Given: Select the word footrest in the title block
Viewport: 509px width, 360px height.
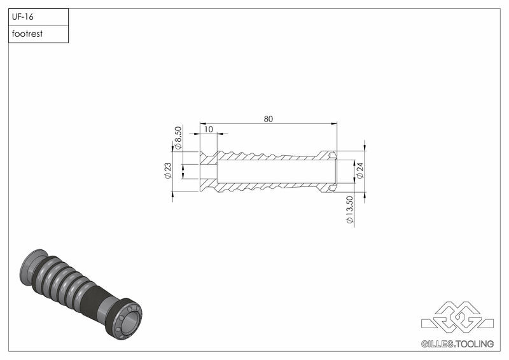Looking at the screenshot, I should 27,34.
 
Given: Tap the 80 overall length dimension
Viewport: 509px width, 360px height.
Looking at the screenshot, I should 268,118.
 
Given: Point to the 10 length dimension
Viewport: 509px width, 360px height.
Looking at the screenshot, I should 208,129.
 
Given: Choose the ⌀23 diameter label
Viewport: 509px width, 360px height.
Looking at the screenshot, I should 168,171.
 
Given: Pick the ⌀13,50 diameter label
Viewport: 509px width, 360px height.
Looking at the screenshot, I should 349,209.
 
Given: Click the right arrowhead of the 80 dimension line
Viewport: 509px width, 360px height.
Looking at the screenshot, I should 334,123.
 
